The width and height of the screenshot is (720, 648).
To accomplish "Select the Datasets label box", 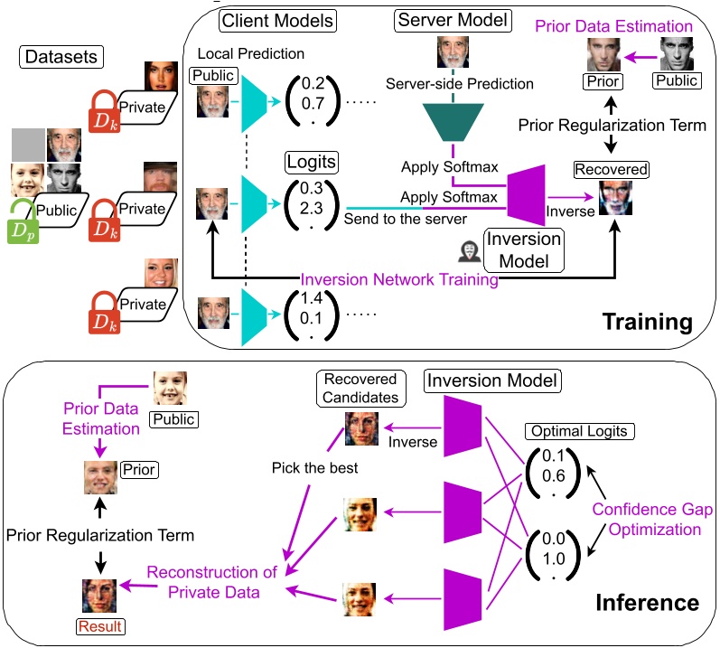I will pyautogui.click(x=60, y=59).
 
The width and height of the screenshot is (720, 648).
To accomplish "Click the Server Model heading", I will pyautogui.click(x=451, y=18).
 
